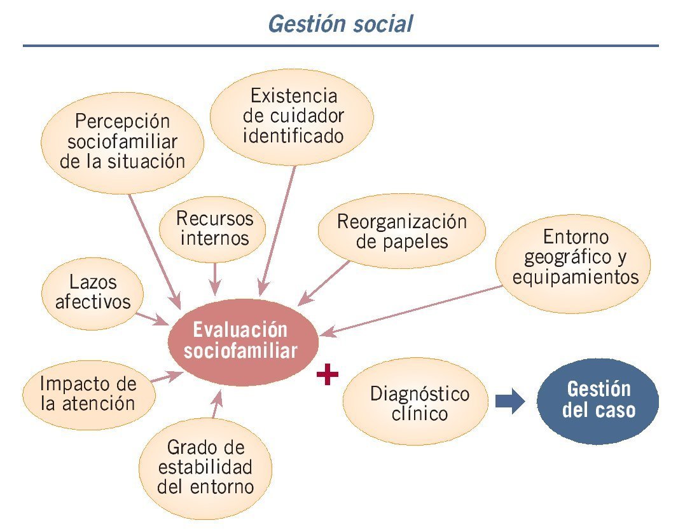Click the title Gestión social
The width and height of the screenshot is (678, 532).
click(340, 24)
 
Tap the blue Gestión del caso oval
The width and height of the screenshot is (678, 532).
click(598, 400)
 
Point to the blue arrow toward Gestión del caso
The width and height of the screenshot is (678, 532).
click(509, 402)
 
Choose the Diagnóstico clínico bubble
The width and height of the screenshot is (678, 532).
click(419, 404)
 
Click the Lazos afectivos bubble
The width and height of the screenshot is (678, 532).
click(92, 292)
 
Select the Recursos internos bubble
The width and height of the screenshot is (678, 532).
click(214, 228)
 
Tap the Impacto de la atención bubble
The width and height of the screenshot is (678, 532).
click(88, 394)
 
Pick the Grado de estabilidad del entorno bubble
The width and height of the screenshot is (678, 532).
click(205, 468)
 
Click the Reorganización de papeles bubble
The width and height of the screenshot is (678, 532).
click(401, 231)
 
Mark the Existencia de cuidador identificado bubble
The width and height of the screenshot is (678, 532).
click(293, 116)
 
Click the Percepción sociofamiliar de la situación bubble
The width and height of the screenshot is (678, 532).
click(122, 141)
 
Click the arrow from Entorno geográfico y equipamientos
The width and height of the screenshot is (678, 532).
click(413, 310)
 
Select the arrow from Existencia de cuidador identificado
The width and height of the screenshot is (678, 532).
click(279, 229)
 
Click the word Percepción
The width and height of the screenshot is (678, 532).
click(123, 121)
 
